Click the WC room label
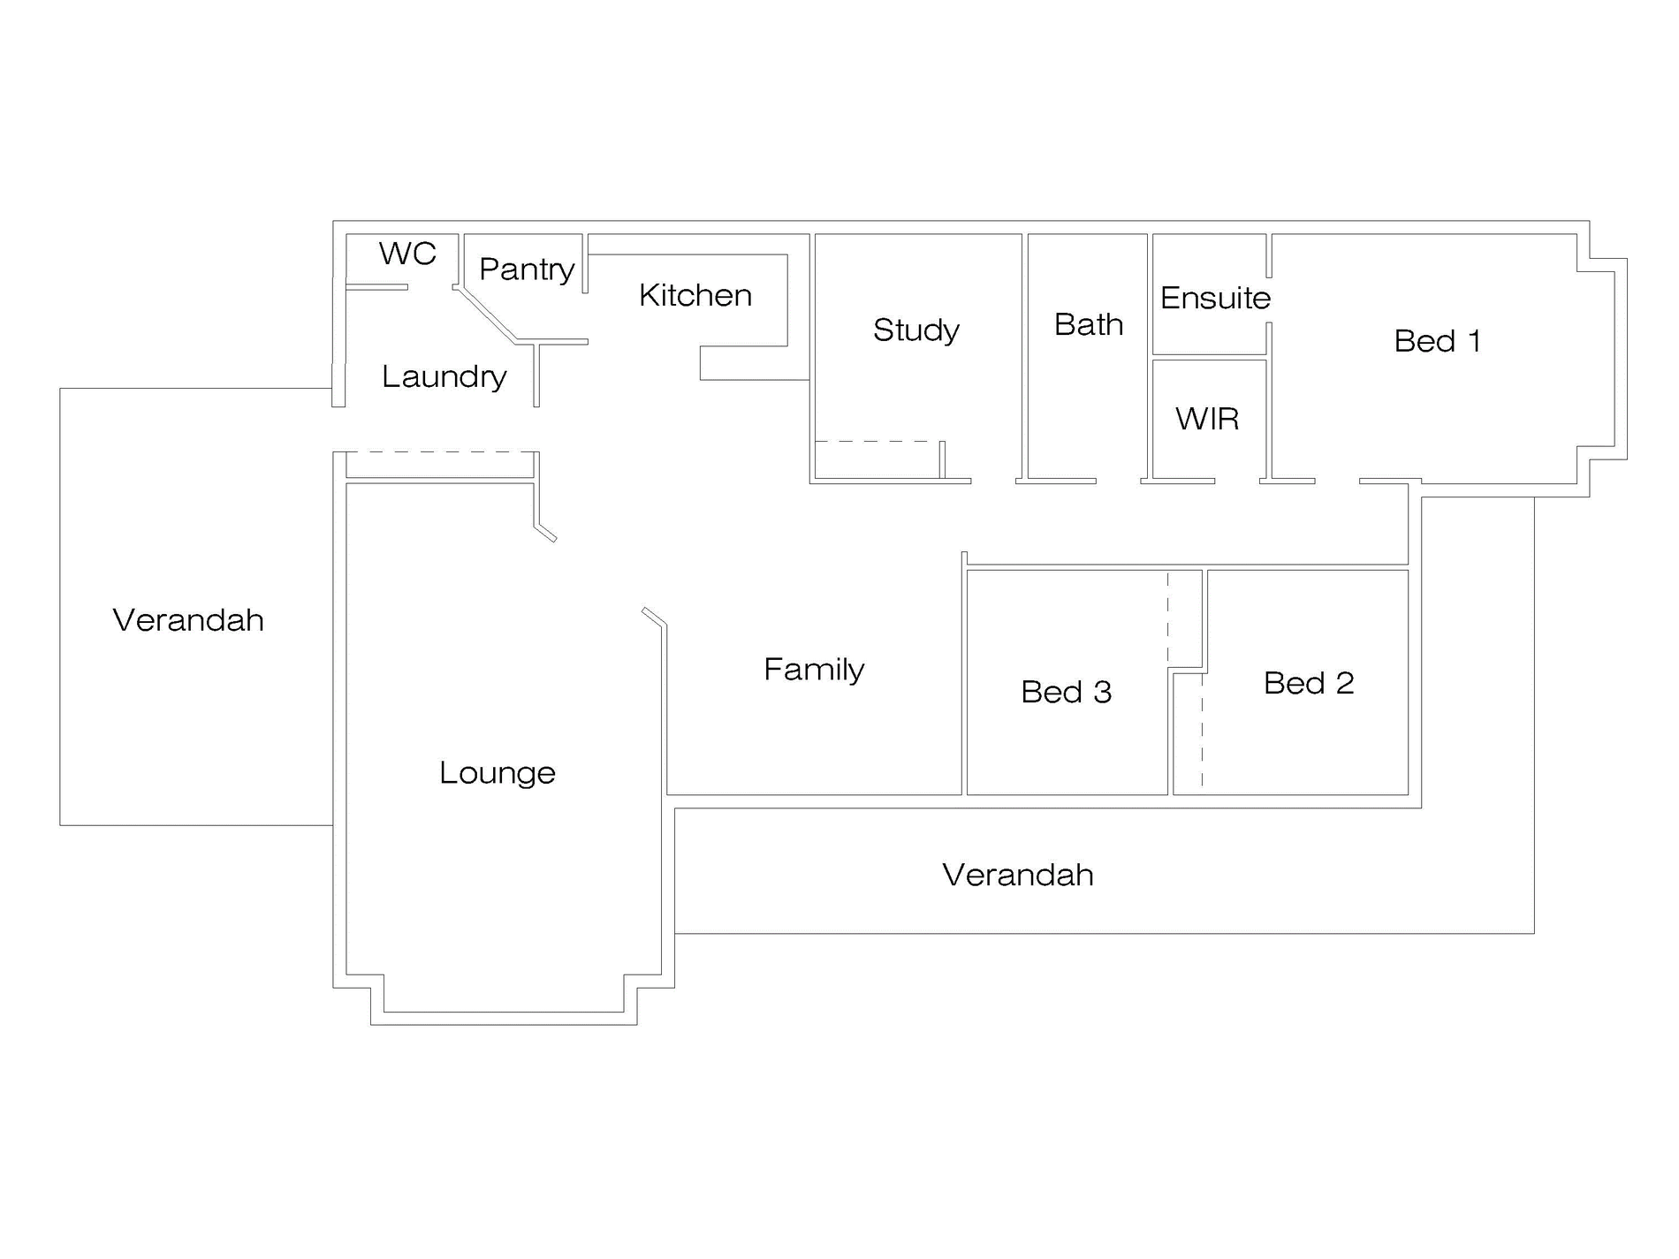407,254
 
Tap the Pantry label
527,269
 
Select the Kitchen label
695,295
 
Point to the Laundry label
444,376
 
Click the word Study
916,330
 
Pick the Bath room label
1089,324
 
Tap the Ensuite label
1215,298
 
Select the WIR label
1207,418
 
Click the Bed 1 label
1437,340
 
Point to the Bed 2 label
1309,683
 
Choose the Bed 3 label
1067,692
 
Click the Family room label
814,670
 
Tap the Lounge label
498,773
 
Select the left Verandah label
188,620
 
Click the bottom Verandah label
1018,875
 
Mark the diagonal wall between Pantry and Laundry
486,315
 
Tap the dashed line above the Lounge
439,452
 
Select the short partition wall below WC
376,287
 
